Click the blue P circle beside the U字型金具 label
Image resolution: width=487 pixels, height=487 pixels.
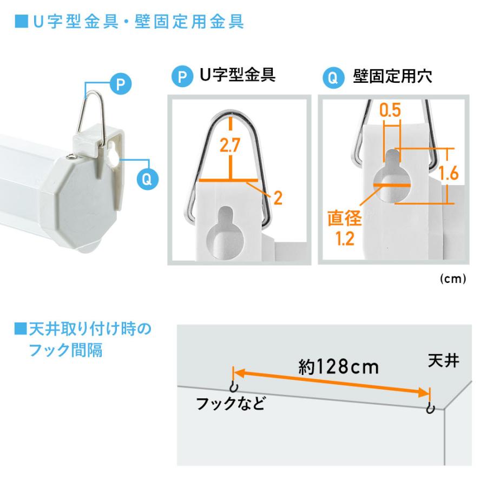click(182, 77)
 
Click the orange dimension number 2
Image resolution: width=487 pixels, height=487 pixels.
click(277, 199)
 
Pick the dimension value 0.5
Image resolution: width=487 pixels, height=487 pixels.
click(390, 110)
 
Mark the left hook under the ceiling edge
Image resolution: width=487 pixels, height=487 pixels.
click(233, 387)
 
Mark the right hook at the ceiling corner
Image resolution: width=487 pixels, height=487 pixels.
click(430, 407)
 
